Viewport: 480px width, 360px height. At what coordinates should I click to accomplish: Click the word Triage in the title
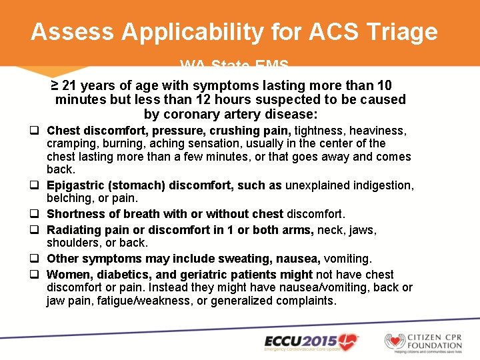(401, 32)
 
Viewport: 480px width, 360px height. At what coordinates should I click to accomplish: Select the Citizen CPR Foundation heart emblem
(395, 341)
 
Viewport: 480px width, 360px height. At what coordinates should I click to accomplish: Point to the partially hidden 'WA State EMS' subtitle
(234, 65)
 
